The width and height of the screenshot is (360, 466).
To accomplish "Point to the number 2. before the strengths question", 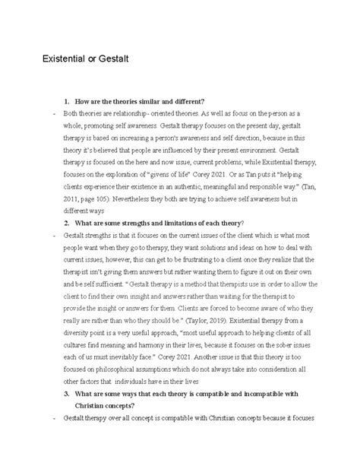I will pos(68,221).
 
